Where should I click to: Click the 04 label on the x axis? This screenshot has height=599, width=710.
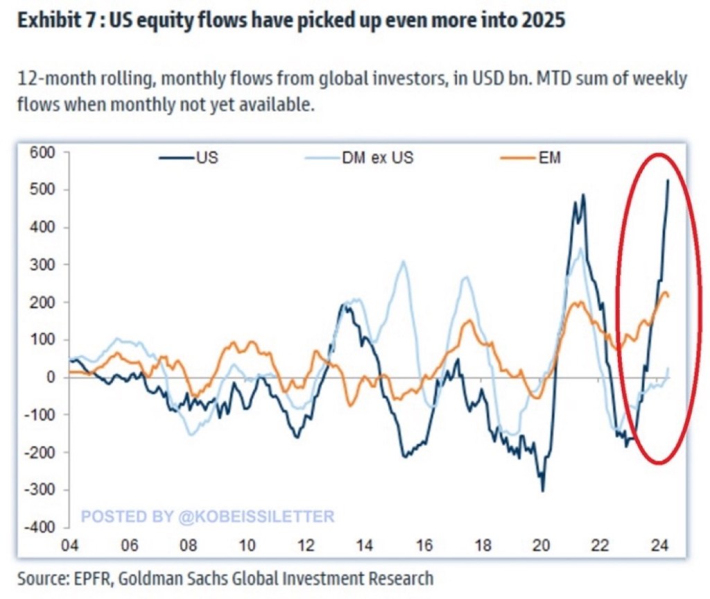pos(71,545)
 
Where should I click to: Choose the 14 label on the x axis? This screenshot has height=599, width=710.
pos(365,545)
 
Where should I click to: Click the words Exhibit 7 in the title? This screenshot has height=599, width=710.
pos(53,22)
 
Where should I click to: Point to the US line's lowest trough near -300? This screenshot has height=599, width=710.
pos(542,491)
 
